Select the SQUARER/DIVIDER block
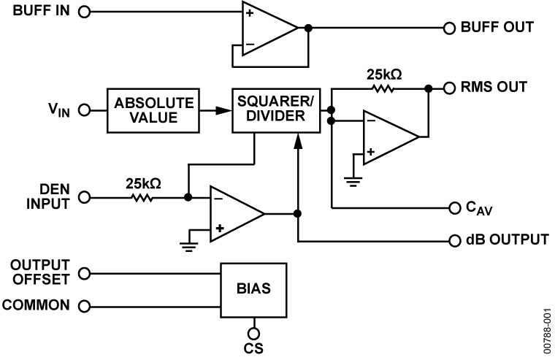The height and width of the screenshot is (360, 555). tap(275, 110)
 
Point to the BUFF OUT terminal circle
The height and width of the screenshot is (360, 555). tap(450, 28)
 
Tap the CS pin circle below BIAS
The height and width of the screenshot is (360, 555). tap(254, 323)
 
